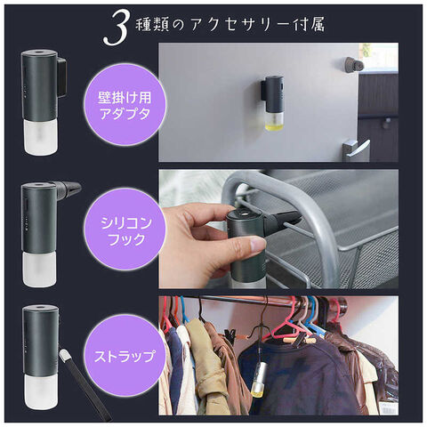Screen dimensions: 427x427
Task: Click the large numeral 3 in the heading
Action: [x=117, y=28]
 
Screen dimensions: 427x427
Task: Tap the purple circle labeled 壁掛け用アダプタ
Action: [x=125, y=105]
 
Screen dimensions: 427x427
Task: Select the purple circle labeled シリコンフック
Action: [x=125, y=230]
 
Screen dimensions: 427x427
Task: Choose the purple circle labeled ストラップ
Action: [x=125, y=356]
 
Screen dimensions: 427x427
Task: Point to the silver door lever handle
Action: [x=356, y=149]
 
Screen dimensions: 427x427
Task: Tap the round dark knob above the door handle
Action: [x=354, y=64]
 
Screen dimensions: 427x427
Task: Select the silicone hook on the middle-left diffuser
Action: [x=68, y=189]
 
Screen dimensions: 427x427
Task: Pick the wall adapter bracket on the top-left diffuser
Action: [x=61, y=77]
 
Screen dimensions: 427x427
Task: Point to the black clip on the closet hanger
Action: [x=230, y=336]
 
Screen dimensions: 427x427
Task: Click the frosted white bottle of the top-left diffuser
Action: [x=40, y=137]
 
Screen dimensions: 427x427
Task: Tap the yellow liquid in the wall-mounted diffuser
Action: [x=273, y=126]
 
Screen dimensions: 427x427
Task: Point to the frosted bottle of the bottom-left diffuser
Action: [x=40, y=391]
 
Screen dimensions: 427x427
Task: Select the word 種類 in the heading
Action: [x=151, y=25]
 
